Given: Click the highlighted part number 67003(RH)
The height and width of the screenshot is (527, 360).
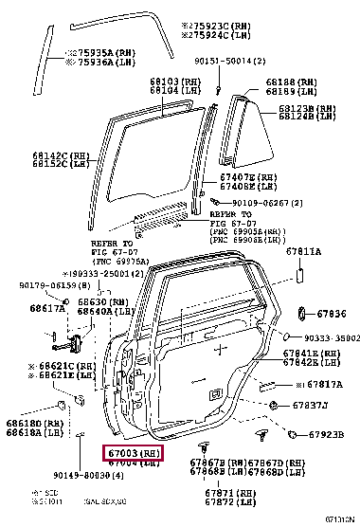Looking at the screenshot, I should [x=133, y=455].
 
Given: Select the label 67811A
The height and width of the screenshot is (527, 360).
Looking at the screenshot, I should [x=303, y=252].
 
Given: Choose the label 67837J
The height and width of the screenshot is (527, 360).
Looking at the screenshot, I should [x=310, y=407].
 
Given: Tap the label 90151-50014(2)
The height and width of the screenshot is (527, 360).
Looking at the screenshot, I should [x=225, y=61].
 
